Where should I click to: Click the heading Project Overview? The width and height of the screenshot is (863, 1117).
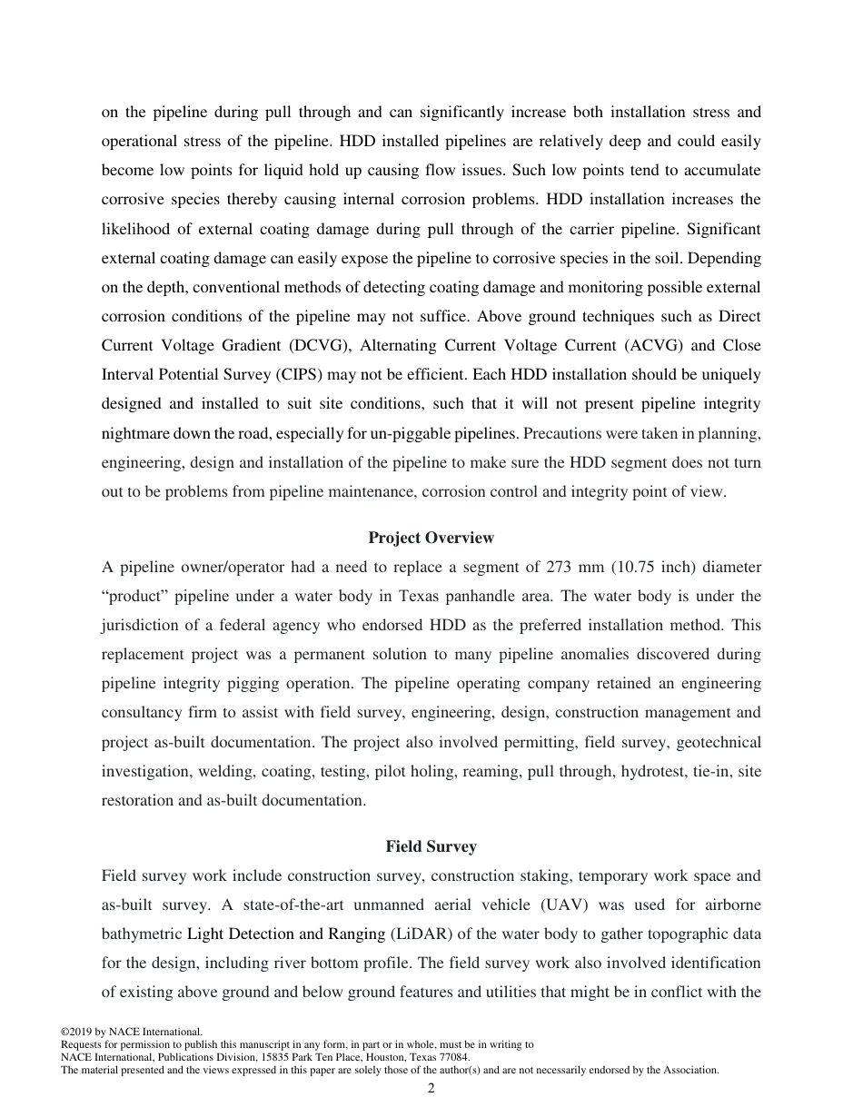(431, 538)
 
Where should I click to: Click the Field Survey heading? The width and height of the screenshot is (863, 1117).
(431, 846)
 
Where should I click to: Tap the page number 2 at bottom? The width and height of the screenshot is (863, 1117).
(431, 1089)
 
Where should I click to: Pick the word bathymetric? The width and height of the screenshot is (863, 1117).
(142, 934)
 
